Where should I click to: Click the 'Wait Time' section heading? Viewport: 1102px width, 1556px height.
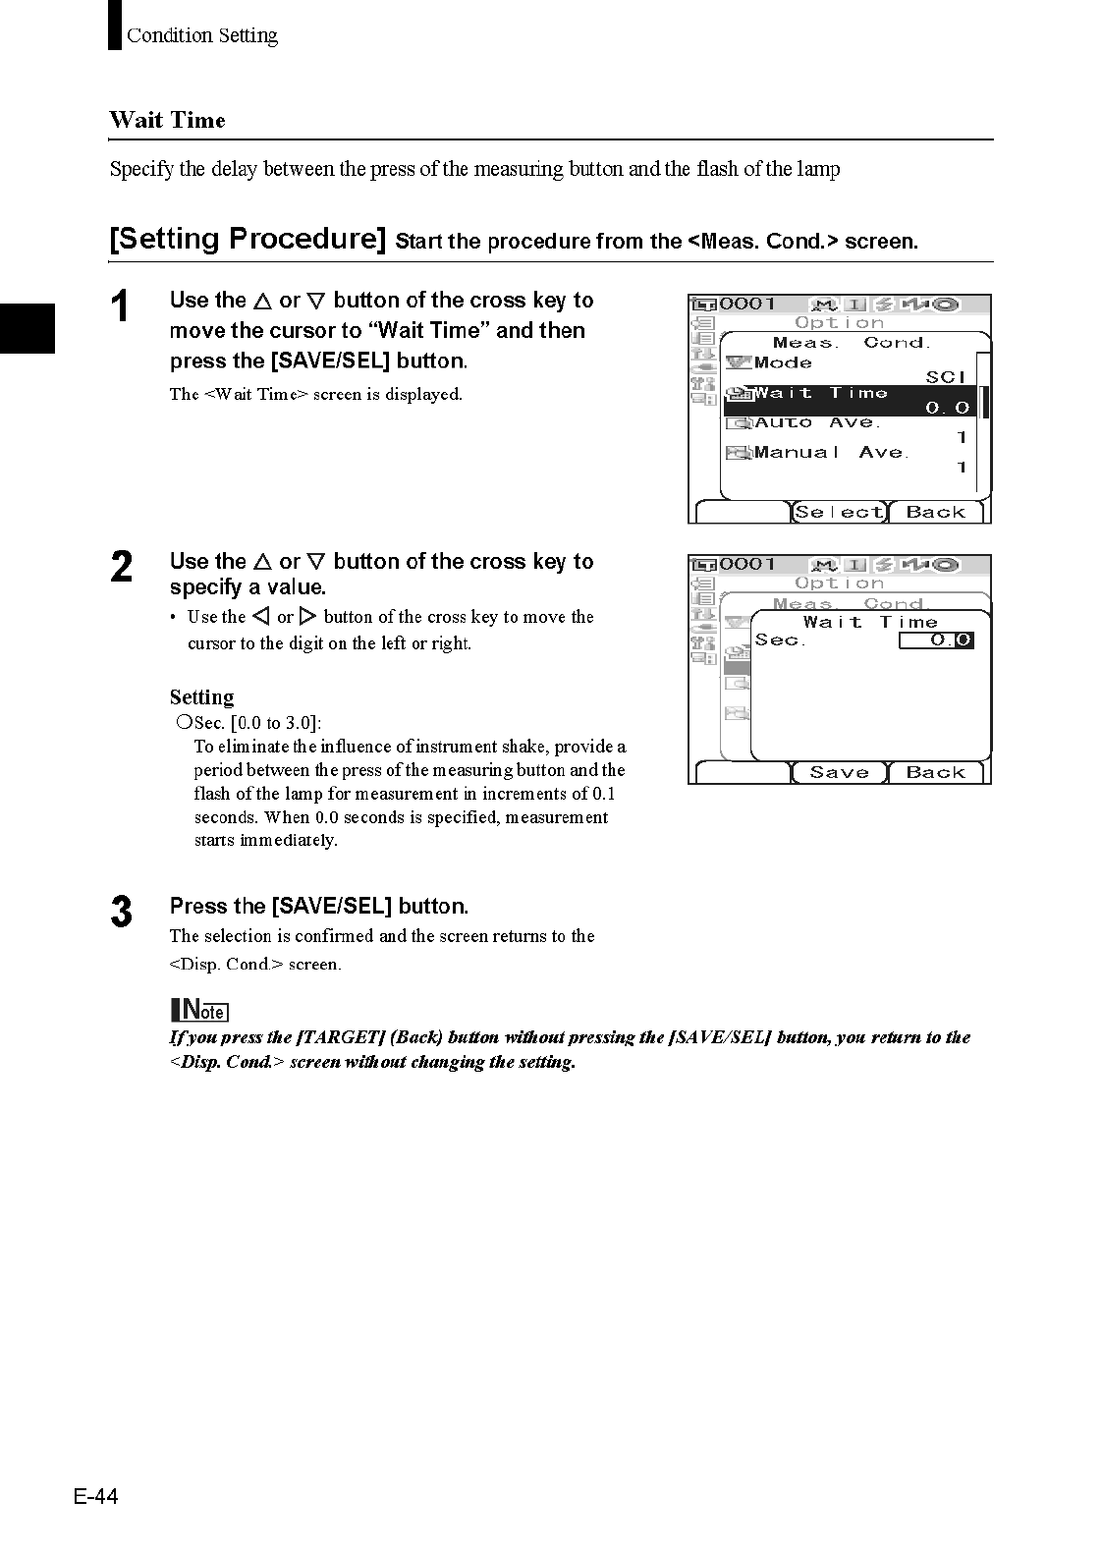tap(168, 121)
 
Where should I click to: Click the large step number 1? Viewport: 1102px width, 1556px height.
tap(120, 306)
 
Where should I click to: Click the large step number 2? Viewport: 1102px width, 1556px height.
tap(121, 568)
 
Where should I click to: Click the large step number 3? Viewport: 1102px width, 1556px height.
tap(121, 912)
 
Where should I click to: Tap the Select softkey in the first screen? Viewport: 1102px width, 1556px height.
tap(839, 512)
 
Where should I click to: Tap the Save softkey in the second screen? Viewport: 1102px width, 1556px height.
tap(839, 773)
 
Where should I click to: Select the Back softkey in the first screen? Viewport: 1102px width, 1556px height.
tap(935, 512)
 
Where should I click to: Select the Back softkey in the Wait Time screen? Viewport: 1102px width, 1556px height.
tap(935, 773)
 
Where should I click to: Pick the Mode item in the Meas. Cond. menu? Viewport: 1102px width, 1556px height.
tap(783, 362)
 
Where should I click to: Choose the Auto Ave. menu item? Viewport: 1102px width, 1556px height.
tap(817, 423)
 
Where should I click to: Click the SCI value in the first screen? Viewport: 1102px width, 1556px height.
tap(946, 377)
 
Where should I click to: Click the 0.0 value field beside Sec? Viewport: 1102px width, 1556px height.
tap(936, 640)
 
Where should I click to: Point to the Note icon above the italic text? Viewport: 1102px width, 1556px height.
tap(199, 1010)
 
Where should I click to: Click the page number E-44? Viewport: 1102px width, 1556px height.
tap(95, 1496)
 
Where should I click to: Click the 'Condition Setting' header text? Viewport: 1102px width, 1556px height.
tap(201, 36)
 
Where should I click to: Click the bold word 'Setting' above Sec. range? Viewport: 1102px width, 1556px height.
tap(201, 697)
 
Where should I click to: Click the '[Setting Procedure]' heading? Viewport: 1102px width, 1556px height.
tap(248, 239)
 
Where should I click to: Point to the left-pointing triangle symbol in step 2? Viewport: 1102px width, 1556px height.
tap(260, 617)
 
